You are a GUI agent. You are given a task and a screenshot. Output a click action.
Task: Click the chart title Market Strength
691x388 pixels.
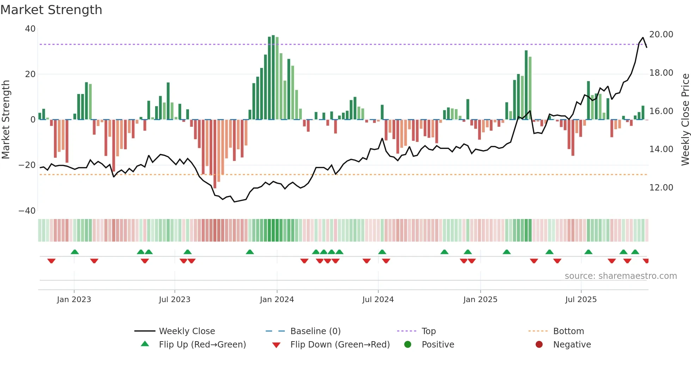click(51, 10)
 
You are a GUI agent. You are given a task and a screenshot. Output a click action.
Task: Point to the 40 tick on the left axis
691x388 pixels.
click(30, 29)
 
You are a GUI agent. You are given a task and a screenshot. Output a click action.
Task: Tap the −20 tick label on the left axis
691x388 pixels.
click(27, 165)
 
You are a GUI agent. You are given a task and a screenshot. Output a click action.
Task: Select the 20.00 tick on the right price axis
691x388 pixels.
click(661, 35)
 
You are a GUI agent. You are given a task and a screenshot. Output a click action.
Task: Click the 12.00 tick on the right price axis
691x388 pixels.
click(661, 188)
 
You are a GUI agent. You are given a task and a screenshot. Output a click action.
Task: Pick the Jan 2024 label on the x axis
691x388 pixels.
click(277, 300)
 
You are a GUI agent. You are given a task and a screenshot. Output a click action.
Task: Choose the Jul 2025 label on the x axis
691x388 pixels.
click(581, 300)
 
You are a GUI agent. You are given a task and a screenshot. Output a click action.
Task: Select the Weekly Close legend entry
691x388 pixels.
click(186, 331)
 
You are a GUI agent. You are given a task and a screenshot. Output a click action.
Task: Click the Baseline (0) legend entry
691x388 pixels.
click(315, 331)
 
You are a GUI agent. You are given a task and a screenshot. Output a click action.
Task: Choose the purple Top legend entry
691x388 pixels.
click(428, 331)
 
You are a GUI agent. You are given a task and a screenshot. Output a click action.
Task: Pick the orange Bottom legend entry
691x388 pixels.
click(568, 331)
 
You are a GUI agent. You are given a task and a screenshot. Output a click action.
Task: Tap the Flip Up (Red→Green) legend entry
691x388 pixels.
click(202, 345)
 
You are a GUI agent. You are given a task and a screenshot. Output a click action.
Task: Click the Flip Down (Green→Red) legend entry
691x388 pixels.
click(340, 345)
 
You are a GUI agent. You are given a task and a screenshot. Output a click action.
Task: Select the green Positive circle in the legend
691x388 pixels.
click(408, 345)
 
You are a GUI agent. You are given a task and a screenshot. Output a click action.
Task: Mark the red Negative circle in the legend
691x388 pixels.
click(539, 345)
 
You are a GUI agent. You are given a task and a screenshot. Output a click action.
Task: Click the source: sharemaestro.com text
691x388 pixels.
click(620, 276)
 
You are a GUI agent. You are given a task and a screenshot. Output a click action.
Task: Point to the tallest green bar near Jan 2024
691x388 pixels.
click(273, 77)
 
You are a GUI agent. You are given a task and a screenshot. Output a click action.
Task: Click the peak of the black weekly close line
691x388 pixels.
click(643, 38)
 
